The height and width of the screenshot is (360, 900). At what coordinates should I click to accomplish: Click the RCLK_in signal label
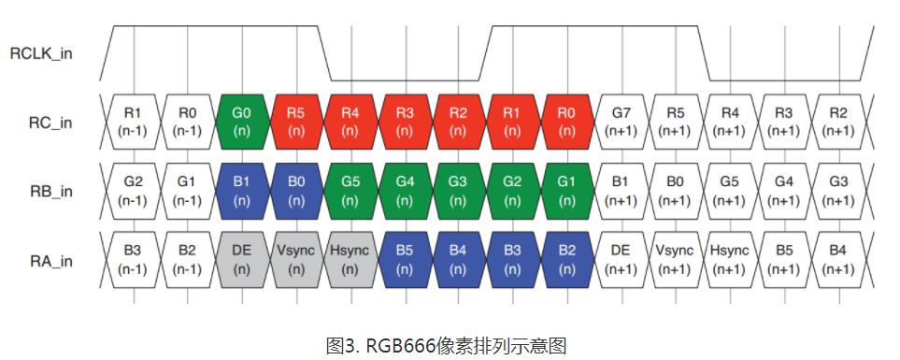41,53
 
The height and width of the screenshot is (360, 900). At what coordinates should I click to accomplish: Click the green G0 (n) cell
242,122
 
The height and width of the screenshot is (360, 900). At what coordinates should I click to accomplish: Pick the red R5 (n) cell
296,122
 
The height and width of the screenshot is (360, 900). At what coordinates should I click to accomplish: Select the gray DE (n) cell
242,260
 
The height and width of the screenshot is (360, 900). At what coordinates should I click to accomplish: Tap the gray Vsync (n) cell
296,260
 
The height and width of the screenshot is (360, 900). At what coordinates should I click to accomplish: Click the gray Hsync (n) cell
350,260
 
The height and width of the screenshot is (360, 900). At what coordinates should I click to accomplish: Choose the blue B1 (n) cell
242,191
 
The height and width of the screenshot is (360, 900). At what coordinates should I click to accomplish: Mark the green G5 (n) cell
350,191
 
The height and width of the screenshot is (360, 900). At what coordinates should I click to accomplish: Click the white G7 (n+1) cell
621,122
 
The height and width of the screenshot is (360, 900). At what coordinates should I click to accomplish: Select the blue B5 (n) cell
405,260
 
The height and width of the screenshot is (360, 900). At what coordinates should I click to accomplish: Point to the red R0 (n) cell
567,122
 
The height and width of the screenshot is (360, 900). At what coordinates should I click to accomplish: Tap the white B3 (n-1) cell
134,260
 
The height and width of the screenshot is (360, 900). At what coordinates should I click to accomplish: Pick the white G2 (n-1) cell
134,191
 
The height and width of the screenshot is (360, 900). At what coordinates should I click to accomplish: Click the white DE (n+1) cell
621,260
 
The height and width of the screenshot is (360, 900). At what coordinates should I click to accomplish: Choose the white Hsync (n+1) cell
730,260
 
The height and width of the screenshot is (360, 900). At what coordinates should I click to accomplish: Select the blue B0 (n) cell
296,191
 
